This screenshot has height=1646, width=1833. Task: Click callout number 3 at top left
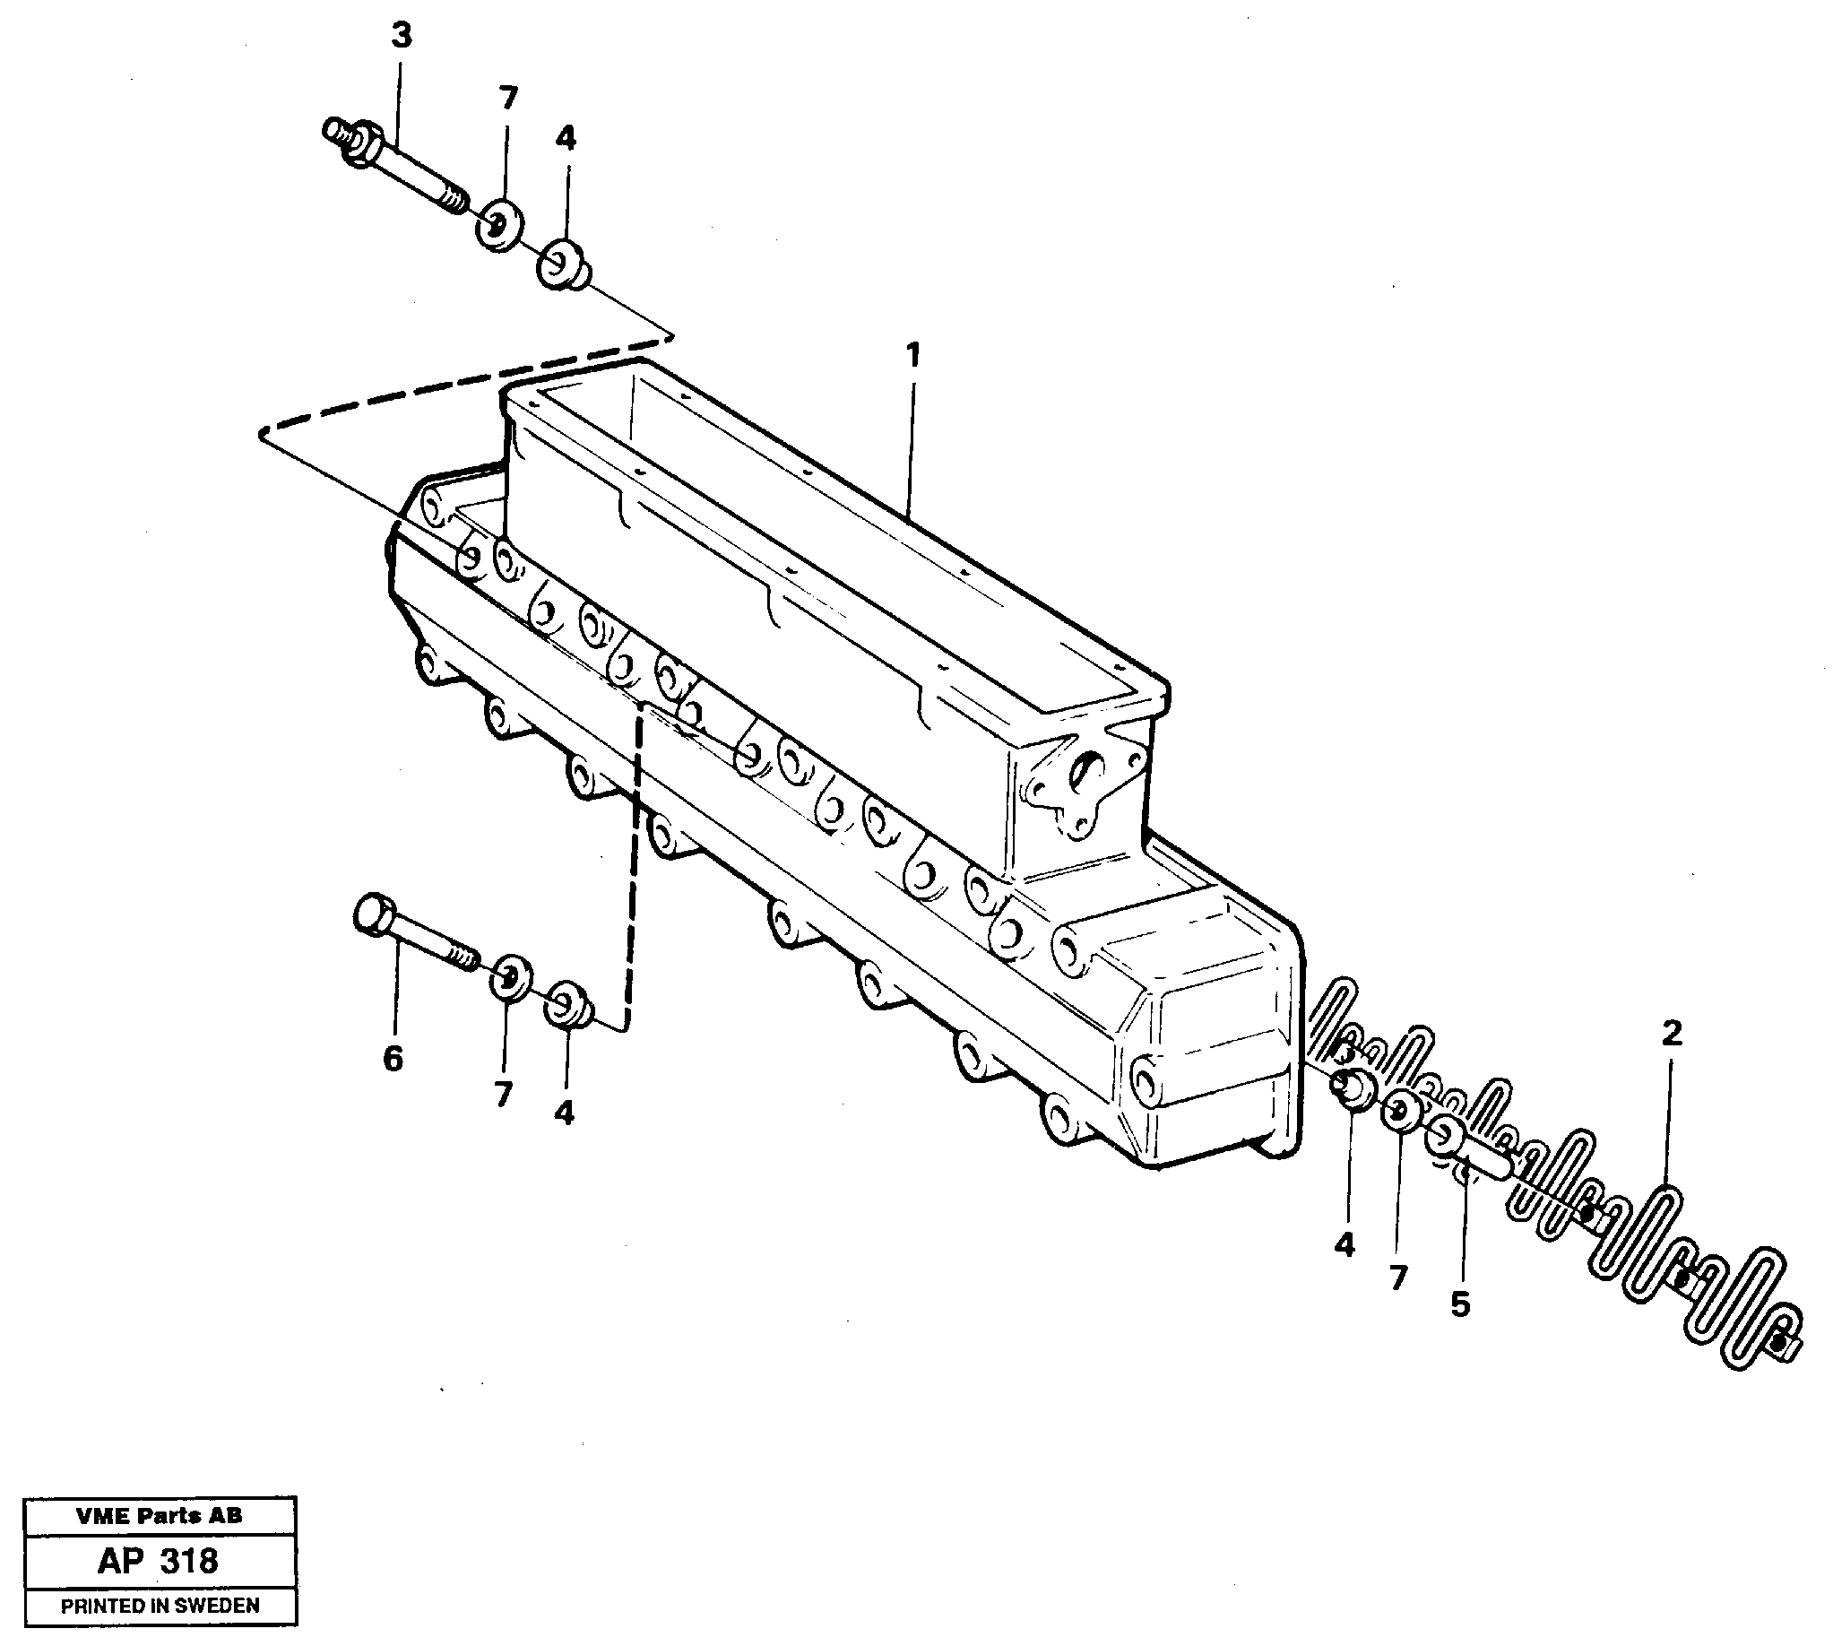[401, 37]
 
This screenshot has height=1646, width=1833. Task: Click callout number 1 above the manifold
[913, 355]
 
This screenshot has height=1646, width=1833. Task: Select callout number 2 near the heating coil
[1671, 1033]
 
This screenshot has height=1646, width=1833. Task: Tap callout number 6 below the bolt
[393, 1058]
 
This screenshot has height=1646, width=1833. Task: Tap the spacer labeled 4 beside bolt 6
[568, 1005]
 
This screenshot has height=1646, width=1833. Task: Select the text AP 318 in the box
[159, 1561]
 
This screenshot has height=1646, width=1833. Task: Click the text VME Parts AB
[160, 1516]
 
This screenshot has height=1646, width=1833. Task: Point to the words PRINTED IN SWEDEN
[160, 1606]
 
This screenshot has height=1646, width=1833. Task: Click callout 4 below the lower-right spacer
[1344, 1245]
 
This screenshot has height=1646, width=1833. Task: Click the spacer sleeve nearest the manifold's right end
[1352, 1088]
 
